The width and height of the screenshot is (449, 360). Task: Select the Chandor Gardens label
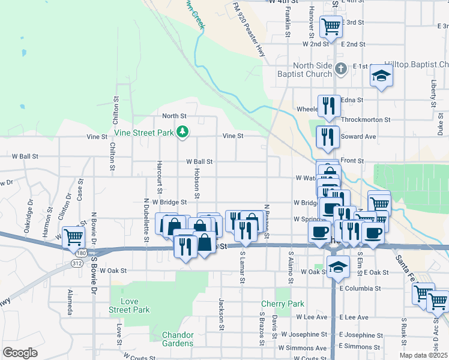click(x=178, y=339)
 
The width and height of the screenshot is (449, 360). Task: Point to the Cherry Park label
click(x=282, y=304)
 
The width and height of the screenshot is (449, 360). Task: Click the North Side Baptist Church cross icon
click(x=340, y=68)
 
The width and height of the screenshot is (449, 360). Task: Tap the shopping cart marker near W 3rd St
click(x=331, y=26)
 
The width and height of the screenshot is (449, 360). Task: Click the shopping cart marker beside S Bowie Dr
click(x=73, y=237)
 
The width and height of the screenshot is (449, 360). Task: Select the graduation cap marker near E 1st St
click(x=381, y=76)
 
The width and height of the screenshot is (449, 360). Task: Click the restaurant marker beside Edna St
click(x=328, y=106)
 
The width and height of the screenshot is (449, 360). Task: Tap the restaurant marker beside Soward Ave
click(x=327, y=137)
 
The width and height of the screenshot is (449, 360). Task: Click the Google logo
click(x=20, y=353)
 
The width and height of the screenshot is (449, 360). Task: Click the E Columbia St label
click(x=360, y=288)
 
